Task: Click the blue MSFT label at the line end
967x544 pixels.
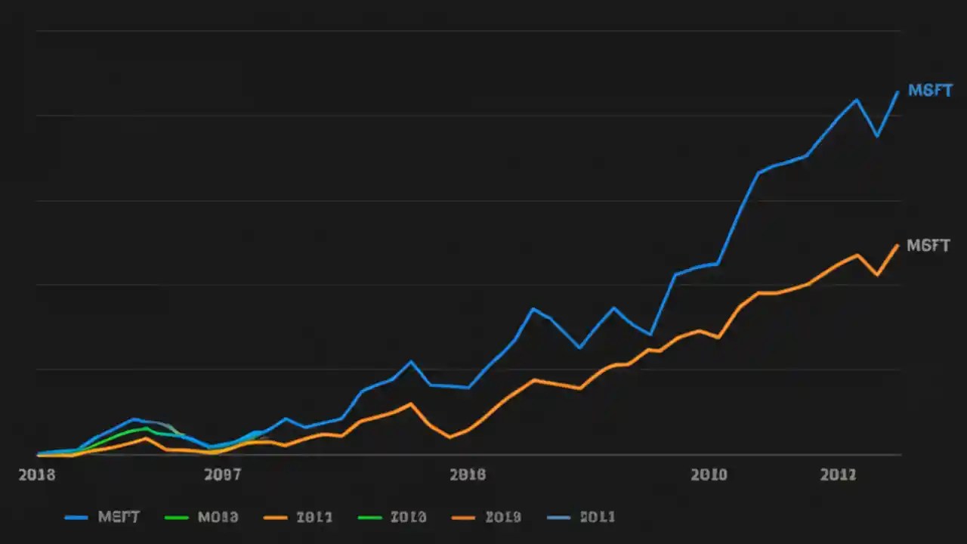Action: coord(929,91)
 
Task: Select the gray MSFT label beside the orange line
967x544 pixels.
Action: coord(928,246)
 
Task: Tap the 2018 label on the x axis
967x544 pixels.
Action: coord(36,475)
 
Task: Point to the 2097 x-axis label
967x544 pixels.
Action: coord(223,475)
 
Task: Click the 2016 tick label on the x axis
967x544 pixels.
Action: coord(467,475)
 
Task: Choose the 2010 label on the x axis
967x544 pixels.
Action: coord(709,475)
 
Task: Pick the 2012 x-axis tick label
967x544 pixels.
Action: coord(838,475)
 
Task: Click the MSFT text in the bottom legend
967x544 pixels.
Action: coord(119,518)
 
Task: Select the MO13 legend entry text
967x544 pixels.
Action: coord(218,518)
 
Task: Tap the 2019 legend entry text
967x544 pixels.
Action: coord(502,518)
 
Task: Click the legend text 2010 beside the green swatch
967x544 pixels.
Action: coord(408,518)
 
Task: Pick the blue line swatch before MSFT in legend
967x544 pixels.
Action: coord(77,518)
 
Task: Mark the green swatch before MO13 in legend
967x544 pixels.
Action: coord(175,518)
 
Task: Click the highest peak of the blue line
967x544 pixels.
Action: coord(857,99)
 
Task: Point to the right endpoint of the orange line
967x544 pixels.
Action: coord(897,245)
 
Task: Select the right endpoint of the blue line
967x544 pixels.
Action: coord(897,91)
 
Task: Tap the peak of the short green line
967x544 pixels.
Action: coord(147,428)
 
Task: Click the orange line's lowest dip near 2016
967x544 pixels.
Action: coord(450,437)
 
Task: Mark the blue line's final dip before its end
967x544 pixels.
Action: coord(876,136)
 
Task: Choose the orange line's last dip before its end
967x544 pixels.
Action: coord(876,274)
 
